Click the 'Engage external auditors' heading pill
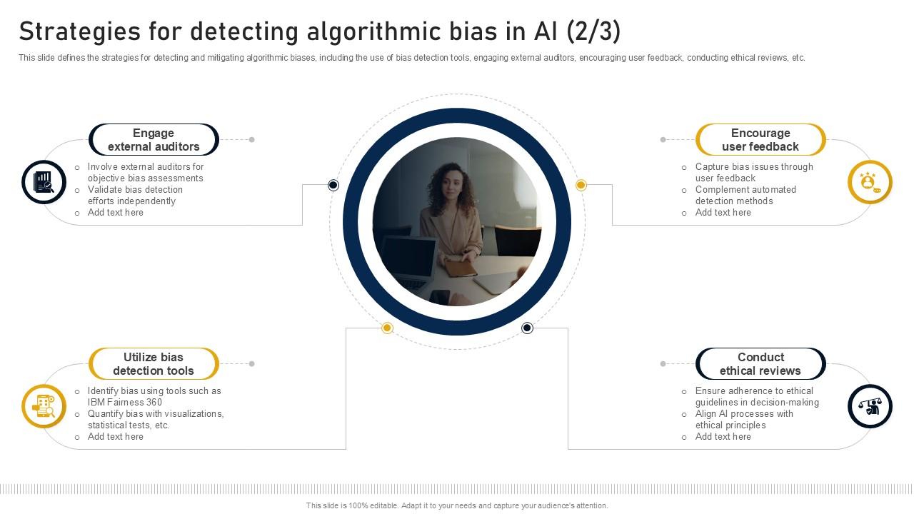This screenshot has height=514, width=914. coord(154,140)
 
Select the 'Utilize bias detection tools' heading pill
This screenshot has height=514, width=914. coord(154,364)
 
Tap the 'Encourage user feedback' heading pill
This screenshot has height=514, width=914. coord(760,140)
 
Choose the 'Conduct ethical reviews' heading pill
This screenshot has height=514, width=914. coord(760,364)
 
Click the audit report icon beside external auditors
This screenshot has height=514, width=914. coord(44,182)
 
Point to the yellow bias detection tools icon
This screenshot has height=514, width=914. coord(44,406)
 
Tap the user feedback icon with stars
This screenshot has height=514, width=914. coord(870,182)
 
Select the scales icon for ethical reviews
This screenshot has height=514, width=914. coord(870,406)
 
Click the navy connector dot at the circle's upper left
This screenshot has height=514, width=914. coord(333,186)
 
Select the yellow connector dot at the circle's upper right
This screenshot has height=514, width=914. coord(581,186)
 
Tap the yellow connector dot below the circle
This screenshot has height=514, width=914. coord(387,328)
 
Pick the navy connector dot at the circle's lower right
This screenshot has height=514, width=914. coord(527,328)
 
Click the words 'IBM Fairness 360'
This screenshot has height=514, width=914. coord(125,403)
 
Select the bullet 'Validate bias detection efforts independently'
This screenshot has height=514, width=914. coord(135,196)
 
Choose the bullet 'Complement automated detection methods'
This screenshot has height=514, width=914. coord(745,196)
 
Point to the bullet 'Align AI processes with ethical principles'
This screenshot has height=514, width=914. coord(744,420)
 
